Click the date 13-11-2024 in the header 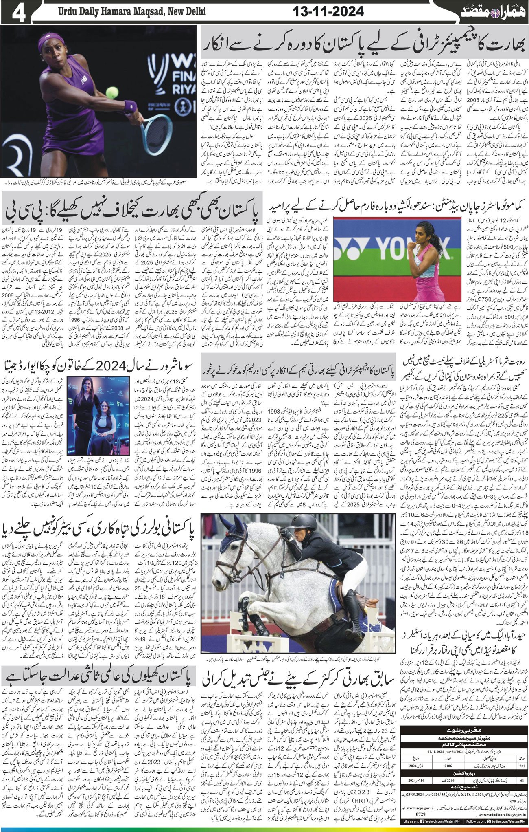click(328, 12)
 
